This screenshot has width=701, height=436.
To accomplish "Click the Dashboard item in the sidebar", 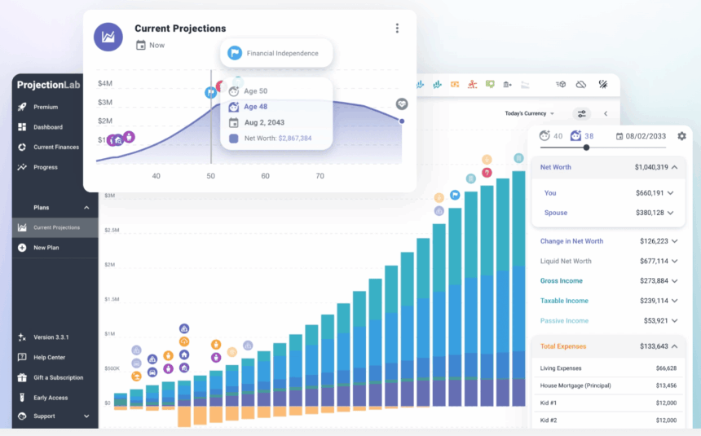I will point(48,127).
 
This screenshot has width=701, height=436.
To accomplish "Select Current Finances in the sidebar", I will point(56,148).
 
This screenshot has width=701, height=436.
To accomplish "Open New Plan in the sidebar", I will point(46,248).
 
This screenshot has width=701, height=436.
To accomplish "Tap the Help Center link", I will point(49,358).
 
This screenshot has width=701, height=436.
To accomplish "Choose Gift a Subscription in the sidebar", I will point(58,378).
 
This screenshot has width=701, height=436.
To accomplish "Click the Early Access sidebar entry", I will point(51,398).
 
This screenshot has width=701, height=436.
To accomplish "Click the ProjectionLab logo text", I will point(49,85).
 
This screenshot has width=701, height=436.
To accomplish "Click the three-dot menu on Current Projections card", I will point(397,29).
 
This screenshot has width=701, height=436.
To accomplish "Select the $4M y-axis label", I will point(105,84).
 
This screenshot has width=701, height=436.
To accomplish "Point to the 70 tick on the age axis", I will point(320,176).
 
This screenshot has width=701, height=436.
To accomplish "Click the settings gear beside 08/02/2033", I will point(681,135).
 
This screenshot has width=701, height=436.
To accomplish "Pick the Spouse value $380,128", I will point(644,213).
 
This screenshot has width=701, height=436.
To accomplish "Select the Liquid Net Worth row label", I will point(566,262).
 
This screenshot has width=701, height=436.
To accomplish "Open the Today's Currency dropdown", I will point(529,113).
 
